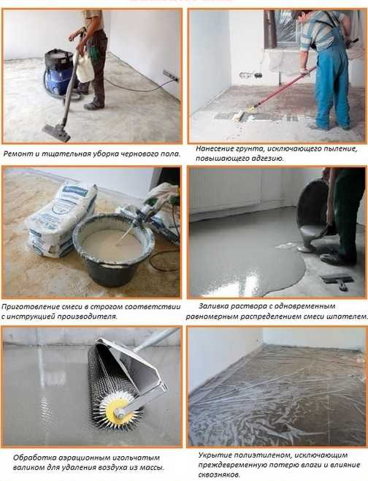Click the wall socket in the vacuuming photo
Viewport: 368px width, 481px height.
(x=171, y=75)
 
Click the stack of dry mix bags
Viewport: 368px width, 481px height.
(x=61, y=220)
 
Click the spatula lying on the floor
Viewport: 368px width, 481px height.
(x=337, y=281)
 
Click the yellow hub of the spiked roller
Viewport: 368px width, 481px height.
(x=117, y=410)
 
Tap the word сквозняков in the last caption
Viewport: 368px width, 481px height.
(x=219, y=475)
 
